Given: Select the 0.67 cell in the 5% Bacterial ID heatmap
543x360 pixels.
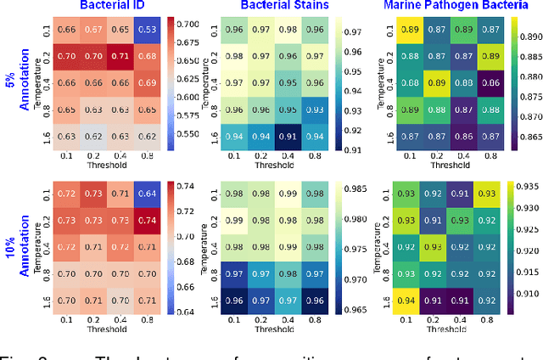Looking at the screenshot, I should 97,31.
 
